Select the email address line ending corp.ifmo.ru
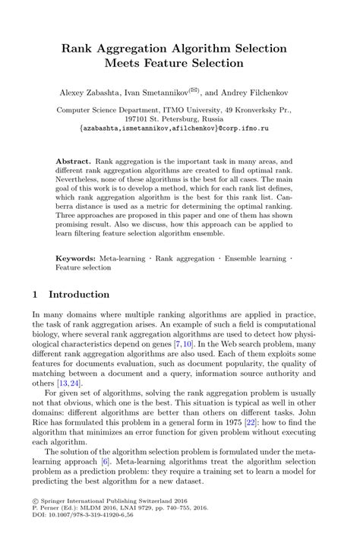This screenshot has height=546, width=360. click(179, 129)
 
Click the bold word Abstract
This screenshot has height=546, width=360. click(74, 163)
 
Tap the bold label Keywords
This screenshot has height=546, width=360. click(77, 259)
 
